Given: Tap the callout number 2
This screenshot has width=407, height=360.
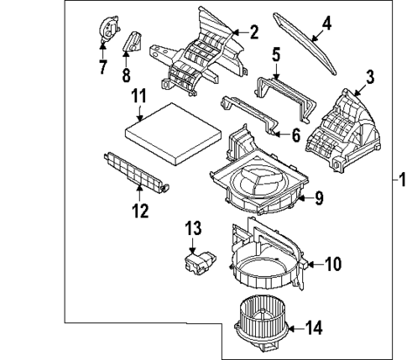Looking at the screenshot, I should tap(253, 32).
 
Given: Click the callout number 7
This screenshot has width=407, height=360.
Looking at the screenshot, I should tap(102, 66).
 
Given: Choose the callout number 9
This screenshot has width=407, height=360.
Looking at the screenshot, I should tap(318, 198).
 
